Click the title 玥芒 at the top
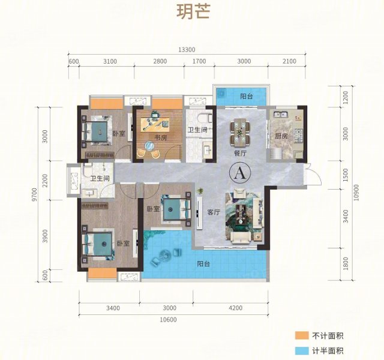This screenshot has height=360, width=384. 193,14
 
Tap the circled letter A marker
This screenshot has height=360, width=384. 239,173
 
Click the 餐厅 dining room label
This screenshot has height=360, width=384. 241,153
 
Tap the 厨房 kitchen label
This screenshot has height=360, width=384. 281,137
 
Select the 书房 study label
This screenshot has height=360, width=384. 161,138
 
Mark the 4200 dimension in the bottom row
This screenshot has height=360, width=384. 235,308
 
